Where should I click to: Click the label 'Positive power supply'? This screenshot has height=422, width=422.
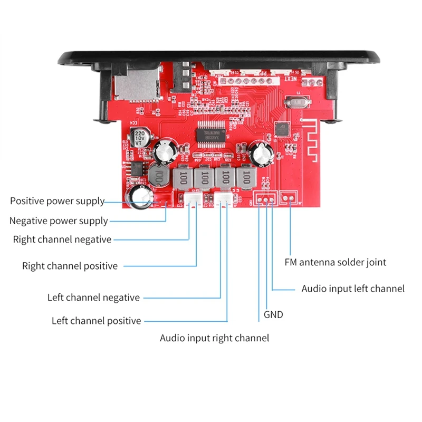[57, 201]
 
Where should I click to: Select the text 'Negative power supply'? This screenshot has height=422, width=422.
[59, 221]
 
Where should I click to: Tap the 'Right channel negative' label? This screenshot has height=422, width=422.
[62, 239]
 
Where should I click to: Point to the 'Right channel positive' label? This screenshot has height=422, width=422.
[70, 266]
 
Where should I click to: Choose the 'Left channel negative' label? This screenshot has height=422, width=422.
[93, 298]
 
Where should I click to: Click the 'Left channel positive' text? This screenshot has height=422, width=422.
[97, 321]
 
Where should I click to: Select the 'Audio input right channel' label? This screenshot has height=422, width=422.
[214, 338]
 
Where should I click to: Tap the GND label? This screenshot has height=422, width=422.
[273, 315]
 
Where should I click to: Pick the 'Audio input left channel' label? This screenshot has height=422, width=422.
[353, 289]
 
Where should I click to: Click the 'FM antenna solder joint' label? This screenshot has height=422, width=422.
[335, 262]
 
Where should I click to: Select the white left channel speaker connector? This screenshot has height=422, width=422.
[224, 198]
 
